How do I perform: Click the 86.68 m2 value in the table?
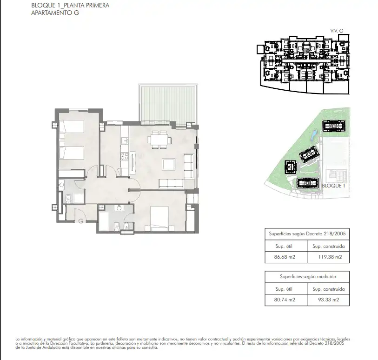click(285, 257)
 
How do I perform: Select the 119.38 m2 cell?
click(330, 257)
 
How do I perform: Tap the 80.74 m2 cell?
click(285, 300)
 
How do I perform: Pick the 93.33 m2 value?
click(329, 300)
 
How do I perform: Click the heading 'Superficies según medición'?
click(308, 277)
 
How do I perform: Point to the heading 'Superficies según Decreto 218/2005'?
click(307, 233)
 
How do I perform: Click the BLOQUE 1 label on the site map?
click(333, 186)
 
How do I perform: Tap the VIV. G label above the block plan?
click(337, 31)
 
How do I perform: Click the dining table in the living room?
click(159, 140)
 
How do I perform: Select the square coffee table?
click(169, 165)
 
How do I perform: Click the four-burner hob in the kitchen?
click(125, 156)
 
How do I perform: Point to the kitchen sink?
click(125, 140)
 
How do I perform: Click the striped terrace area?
click(168, 103)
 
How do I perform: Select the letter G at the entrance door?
click(81, 221)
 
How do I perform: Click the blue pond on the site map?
click(314, 135)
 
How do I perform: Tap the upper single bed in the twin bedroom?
click(72, 127)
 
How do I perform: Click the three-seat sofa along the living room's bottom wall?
click(171, 184)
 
